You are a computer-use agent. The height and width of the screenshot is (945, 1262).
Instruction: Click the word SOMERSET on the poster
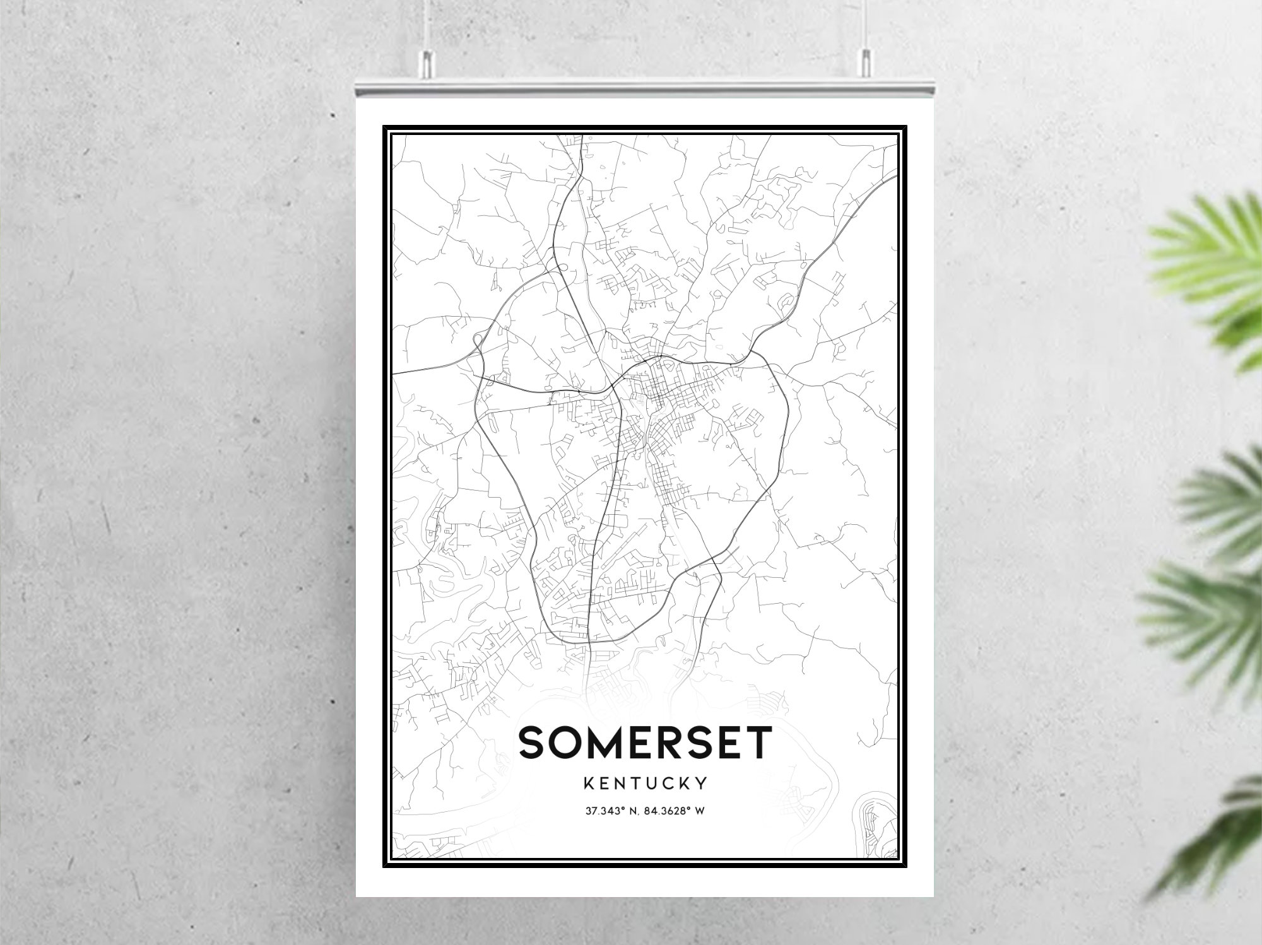tap(645, 742)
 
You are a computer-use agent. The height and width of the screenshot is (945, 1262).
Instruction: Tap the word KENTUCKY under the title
tap(645, 784)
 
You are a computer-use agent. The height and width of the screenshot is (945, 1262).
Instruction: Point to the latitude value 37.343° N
tap(610, 811)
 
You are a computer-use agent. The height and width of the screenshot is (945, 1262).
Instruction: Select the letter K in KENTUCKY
tap(589, 784)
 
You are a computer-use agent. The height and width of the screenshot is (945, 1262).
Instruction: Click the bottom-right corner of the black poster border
tap(906, 867)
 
